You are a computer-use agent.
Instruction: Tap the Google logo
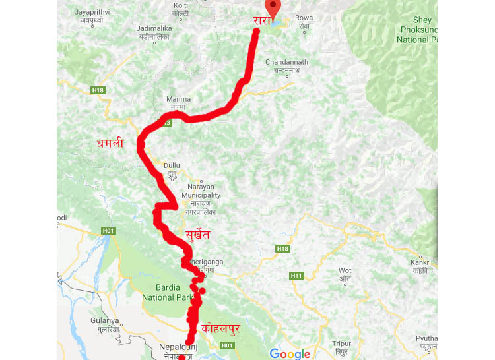(x=290, y=354)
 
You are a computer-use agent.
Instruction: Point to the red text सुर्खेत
(x=200, y=231)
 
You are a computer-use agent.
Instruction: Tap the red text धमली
(x=110, y=142)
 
